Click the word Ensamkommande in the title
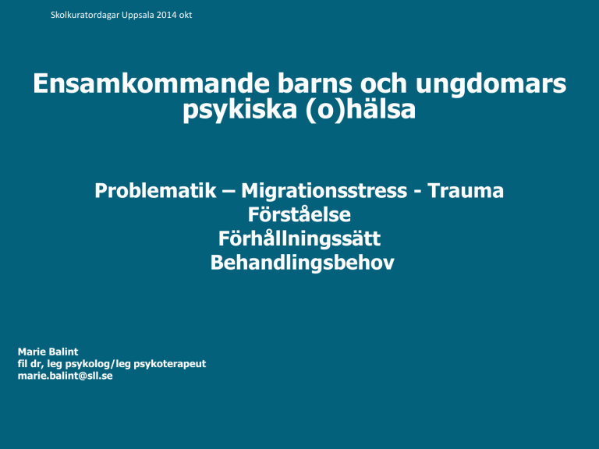pyautogui.click(x=151, y=83)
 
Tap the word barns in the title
pyautogui.click(x=314, y=83)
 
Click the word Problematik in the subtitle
pyautogui.click(x=155, y=190)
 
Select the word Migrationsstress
pyautogui.click(x=324, y=191)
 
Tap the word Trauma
pyautogui.click(x=466, y=190)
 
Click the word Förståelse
pyautogui.click(x=299, y=214)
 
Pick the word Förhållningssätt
pyautogui.click(x=299, y=239)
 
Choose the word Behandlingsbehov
pyautogui.click(x=302, y=262)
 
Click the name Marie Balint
pyautogui.click(x=48, y=352)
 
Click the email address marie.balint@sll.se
pyautogui.click(x=66, y=376)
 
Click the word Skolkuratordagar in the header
pyautogui.click(x=85, y=16)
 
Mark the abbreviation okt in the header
pyautogui.click(x=186, y=15)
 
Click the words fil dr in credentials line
pyautogui.click(x=30, y=364)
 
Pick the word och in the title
pyautogui.click(x=383, y=83)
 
